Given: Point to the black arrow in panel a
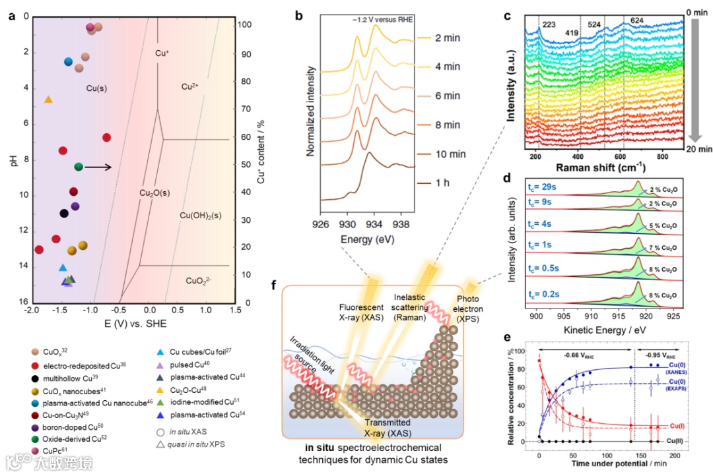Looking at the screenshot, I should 98,167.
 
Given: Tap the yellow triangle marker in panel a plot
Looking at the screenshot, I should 48,99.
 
